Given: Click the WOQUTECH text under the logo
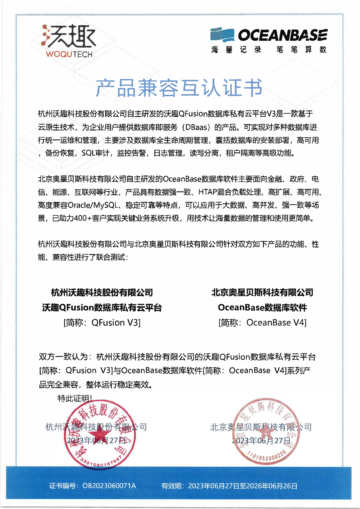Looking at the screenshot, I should point(69,54).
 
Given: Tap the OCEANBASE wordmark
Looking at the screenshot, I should point(283,35).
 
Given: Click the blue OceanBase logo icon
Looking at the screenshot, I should point(222,35).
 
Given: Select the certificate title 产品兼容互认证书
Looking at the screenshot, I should point(179,88).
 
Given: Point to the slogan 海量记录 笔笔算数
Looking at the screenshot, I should point(269,50).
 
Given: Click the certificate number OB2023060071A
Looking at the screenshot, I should point(109,486).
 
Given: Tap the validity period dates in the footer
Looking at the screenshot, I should point(243,486).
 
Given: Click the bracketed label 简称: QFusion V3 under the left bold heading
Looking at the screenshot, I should point(102,323).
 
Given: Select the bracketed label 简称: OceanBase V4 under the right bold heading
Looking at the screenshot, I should point(262,323).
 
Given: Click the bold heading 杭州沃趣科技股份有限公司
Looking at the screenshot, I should point(102,293).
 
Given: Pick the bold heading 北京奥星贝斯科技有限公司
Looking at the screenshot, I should point(262,293).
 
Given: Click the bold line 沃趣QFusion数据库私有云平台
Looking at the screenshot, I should point(102,308).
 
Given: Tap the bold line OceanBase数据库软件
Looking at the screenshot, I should point(262,308).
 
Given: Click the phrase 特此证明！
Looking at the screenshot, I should point(75,398).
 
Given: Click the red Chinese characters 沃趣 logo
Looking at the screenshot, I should point(69,36).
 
